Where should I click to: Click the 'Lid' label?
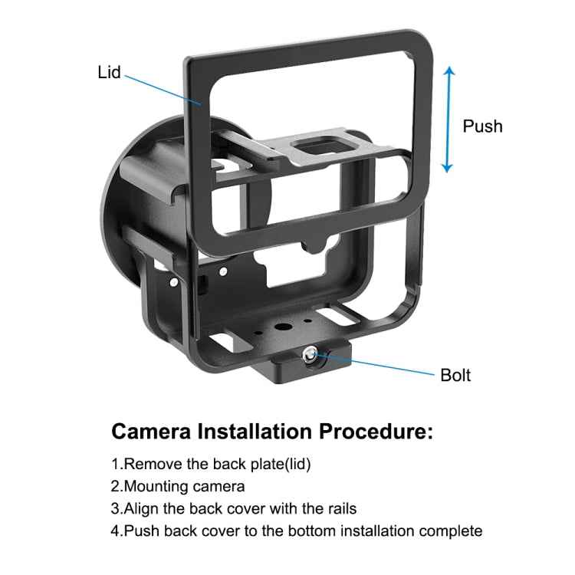(x=109, y=74)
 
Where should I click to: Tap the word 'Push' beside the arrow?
(x=482, y=126)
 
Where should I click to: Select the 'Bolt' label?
(x=455, y=375)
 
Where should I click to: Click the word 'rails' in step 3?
(x=342, y=508)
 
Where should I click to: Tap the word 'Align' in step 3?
(x=141, y=508)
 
